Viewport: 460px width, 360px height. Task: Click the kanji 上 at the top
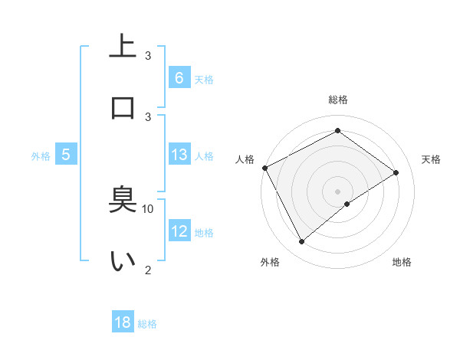click(x=123, y=46)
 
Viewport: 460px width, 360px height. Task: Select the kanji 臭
click(x=123, y=201)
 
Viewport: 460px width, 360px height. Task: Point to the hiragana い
click(x=123, y=260)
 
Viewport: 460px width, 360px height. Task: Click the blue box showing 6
click(x=179, y=77)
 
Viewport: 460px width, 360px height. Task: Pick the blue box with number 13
click(x=179, y=155)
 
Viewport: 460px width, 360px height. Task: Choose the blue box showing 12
click(x=179, y=231)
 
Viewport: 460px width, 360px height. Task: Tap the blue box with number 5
click(x=66, y=155)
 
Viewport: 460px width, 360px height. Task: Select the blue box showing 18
click(x=123, y=322)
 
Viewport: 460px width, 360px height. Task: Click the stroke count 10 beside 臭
click(x=148, y=208)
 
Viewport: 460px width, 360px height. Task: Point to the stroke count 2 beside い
click(x=148, y=269)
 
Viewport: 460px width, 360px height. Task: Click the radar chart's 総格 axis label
click(x=338, y=100)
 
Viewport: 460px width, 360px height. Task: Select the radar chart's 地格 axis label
click(x=402, y=262)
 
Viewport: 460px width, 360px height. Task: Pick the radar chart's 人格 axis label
click(x=245, y=159)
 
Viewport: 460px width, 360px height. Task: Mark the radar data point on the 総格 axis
click(x=337, y=131)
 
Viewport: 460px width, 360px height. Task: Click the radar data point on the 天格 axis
click(x=396, y=172)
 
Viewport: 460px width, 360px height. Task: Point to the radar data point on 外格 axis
click(x=301, y=242)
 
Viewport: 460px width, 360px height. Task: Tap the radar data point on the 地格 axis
click(x=347, y=204)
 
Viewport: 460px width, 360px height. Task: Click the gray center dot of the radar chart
click(x=338, y=191)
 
